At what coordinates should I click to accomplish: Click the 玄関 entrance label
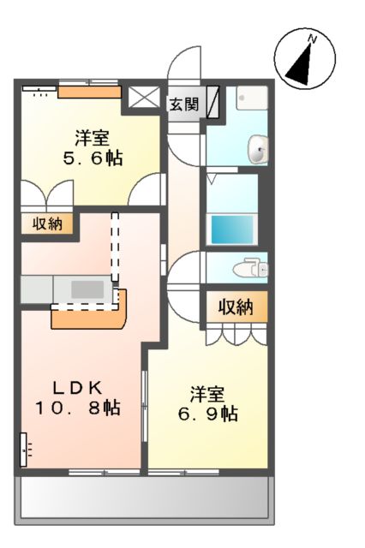coord(182,104)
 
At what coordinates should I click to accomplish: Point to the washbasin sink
coord(257,151)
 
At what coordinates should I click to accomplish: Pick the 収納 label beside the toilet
coord(234,307)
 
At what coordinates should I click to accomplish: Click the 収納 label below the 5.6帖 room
coord(47,224)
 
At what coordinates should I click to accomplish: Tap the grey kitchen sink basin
coord(87,289)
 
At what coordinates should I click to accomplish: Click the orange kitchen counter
coord(89,313)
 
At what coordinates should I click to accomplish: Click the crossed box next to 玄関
coord(141,97)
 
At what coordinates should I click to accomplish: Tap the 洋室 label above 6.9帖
coord(207,395)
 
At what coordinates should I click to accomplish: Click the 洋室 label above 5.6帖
coord(91,137)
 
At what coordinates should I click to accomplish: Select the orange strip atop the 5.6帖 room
coord(89,92)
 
